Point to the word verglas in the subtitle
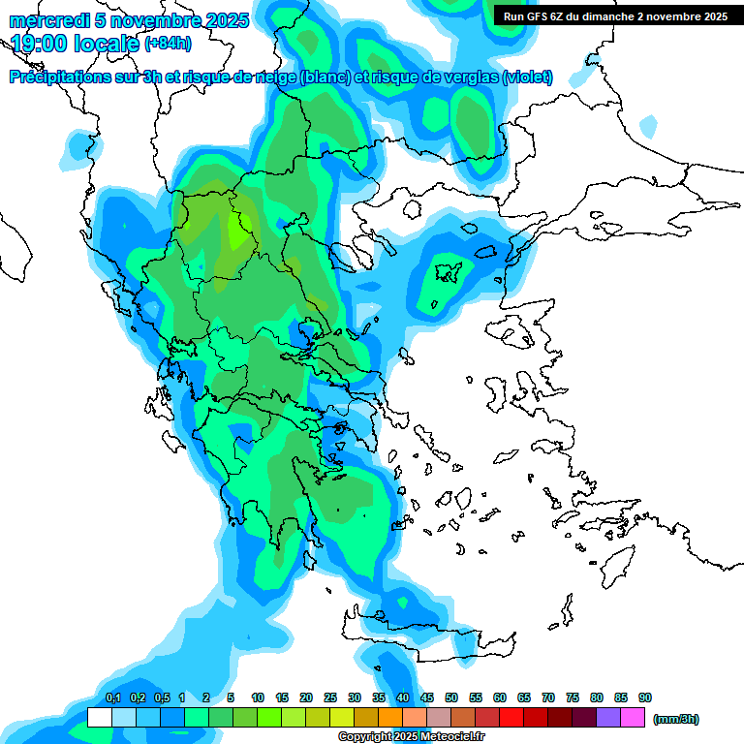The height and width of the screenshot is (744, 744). [x=469, y=77]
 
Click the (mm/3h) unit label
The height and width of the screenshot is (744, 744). [x=675, y=719]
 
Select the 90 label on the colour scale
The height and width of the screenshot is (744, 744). [x=645, y=697]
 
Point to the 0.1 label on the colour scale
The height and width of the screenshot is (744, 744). [x=112, y=697]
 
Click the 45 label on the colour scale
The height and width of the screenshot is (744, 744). [x=427, y=697]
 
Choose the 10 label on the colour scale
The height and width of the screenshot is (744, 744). [x=258, y=697]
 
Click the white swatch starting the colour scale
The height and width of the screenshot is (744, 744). [x=99, y=718]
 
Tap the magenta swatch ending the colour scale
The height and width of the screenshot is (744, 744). [x=633, y=718]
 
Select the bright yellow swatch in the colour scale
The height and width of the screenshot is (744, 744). [x=342, y=718]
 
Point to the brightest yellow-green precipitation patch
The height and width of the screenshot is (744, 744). [x=236, y=231]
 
